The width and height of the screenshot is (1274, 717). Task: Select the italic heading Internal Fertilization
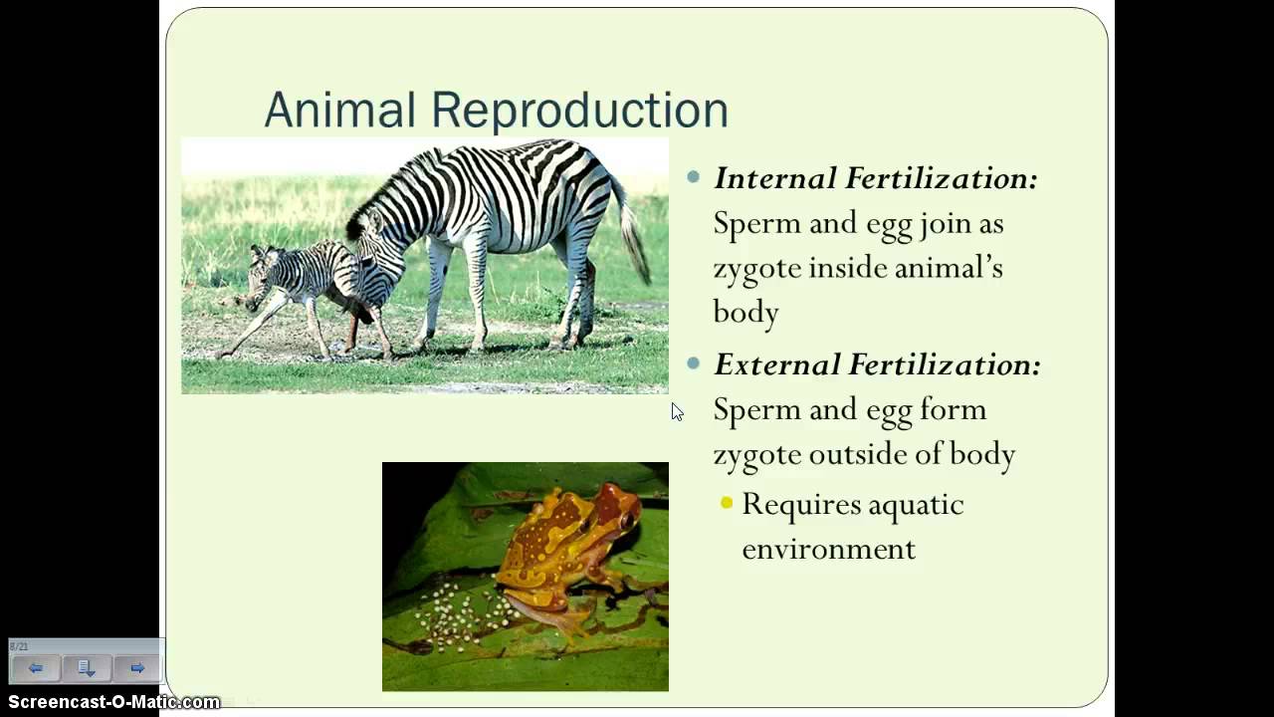point(875,179)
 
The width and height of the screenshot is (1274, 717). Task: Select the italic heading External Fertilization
point(876,365)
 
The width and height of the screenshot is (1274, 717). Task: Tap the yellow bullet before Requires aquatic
point(727,504)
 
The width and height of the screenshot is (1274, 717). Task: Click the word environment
point(828,549)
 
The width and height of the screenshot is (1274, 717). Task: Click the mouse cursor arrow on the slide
point(677,411)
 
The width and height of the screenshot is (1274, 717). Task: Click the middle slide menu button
point(87,668)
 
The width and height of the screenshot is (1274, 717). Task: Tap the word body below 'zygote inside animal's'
point(745,312)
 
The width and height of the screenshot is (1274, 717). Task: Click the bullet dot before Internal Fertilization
point(694,178)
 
